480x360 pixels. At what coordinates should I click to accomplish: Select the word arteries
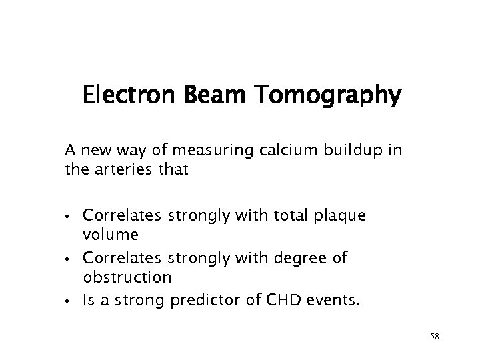click(124, 170)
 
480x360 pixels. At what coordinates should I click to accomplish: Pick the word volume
click(111, 235)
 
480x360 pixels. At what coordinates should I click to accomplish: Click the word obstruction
click(127, 275)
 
